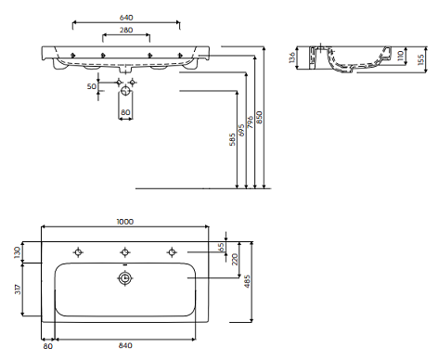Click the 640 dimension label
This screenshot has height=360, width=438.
pos(126,18)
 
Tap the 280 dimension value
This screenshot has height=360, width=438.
pos(126,30)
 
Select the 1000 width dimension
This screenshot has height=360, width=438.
pos(125,222)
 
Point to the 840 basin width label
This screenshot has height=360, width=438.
pos(125,345)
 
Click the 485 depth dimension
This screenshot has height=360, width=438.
pos(247,281)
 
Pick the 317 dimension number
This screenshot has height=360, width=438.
pos(18,289)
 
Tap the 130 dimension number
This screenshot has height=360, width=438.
pos(18,252)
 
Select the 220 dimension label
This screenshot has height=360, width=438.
pos(235,259)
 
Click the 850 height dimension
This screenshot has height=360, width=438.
pos(259,118)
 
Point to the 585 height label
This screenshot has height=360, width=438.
pos(232,139)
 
